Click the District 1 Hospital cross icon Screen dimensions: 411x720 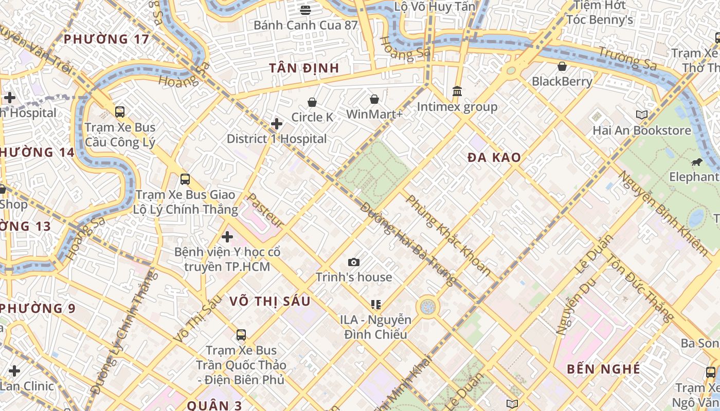click(x=277, y=124)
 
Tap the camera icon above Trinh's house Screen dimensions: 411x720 click(x=353, y=263)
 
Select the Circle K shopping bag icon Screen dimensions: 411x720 click(x=312, y=103)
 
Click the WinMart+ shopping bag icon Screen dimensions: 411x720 click(x=374, y=99)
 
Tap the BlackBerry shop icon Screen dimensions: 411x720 click(x=562, y=66)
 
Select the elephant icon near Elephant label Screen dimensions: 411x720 click(x=697, y=162)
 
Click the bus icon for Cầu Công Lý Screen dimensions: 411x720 click(x=120, y=111)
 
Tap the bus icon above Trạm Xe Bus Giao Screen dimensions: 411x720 click(x=185, y=179)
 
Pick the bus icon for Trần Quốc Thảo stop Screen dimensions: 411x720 click(x=241, y=335)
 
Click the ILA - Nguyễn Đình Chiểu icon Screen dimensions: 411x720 click(x=375, y=305)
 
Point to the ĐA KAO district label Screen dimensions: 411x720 click(x=494, y=158)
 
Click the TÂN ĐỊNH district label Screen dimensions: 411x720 click(x=304, y=68)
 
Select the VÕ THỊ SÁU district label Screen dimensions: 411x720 click(x=270, y=301)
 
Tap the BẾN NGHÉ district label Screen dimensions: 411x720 click(x=603, y=369)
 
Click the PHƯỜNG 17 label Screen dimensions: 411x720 click(x=106, y=39)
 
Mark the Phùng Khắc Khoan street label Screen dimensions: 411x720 click(x=448, y=235)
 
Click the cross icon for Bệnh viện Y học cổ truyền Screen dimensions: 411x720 click(x=227, y=237)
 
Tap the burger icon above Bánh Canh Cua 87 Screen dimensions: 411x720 click(x=305, y=10)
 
